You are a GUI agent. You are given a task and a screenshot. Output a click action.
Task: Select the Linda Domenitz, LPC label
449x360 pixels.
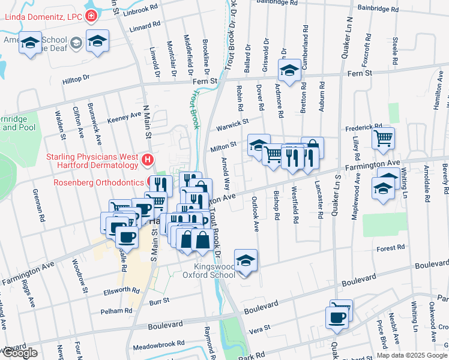click(43, 16)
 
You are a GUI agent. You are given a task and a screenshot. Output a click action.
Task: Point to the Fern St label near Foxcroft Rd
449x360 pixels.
click(360, 73)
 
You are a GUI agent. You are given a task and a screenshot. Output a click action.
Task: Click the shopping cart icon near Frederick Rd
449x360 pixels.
click(383, 139)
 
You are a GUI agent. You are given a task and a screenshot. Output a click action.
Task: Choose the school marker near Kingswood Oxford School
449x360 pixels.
click(246, 261)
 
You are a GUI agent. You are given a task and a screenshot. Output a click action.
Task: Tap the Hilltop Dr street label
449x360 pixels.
click(76, 78)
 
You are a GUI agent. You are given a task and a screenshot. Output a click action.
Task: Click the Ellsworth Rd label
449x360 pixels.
click(121, 290)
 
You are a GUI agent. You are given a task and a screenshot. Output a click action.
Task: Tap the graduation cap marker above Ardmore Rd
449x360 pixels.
click(289, 70)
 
